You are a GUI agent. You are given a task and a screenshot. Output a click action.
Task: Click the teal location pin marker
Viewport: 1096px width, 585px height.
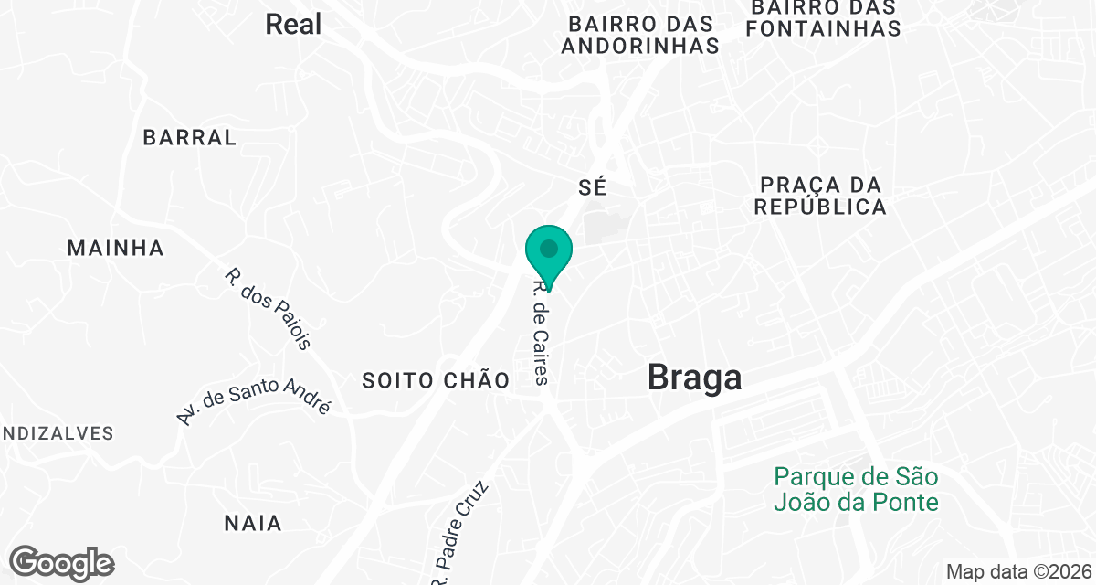pyautogui.click(x=549, y=257)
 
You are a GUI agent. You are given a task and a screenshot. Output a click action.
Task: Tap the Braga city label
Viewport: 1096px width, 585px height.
pyautogui.click(x=694, y=377)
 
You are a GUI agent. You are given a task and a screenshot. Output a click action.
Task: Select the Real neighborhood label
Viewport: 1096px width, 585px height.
pyautogui.click(x=293, y=25)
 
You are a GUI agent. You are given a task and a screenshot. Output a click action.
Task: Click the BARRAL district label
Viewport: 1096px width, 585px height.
pyautogui.click(x=190, y=138)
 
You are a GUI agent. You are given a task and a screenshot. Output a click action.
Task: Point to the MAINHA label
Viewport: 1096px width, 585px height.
pyautogui.click(x=116, y=248)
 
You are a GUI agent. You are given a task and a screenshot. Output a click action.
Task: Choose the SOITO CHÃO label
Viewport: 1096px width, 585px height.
pyautogui.click(x=436, y=380)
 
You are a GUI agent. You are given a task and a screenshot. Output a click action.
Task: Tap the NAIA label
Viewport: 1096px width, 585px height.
pyautogui.click(x=253, y=524)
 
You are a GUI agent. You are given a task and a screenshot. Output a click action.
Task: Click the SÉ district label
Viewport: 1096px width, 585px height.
pyautogui.click(x=593, y=187)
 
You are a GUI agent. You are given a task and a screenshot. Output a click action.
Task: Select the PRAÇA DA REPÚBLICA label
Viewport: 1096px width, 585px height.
pyautogui.click(x=821, y=196)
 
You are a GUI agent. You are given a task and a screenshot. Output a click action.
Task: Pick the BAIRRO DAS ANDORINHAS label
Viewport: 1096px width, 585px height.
pyautogui.click(x=640, y=35)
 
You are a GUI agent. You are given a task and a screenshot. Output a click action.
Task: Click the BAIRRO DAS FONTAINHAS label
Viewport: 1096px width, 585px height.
pyautogui.click(x=823, y=18)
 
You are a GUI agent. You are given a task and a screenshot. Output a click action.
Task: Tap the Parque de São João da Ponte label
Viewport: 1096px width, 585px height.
pyautogui.click(x=856, y=489)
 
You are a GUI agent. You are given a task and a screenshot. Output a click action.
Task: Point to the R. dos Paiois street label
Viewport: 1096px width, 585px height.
pyautogui.click(x=269, y=308)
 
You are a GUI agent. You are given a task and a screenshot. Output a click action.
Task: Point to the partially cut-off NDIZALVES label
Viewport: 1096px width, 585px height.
pyautogui.click(x=57, y=433)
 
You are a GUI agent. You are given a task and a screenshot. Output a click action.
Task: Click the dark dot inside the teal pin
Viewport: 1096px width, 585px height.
pyautogui.click(x=549, y=248)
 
